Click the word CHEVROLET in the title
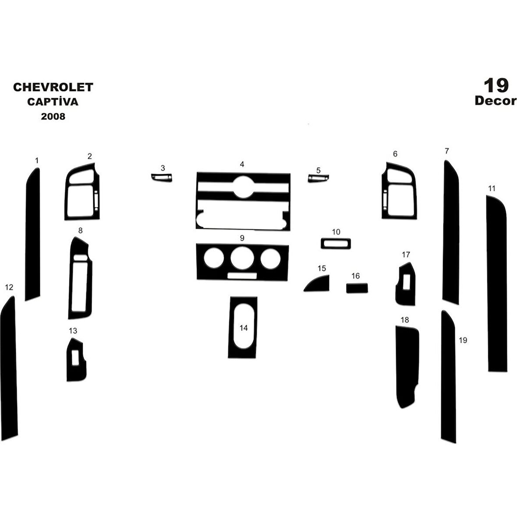tap(53, 87)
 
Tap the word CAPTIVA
tap(53, 101)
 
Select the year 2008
tap(53, 117)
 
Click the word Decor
tap(496, 101)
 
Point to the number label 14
tap(244, 328)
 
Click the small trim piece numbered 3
tap(162, 178)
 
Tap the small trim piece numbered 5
tap(318, 178)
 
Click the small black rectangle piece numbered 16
tap(357, 288)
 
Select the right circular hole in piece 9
tap(271, 259)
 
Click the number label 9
tap(242, 238)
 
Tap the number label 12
tap(9, 287)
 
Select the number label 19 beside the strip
tap(463, 340)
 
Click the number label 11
tap(492, 188)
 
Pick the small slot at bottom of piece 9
tap(242, 276)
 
